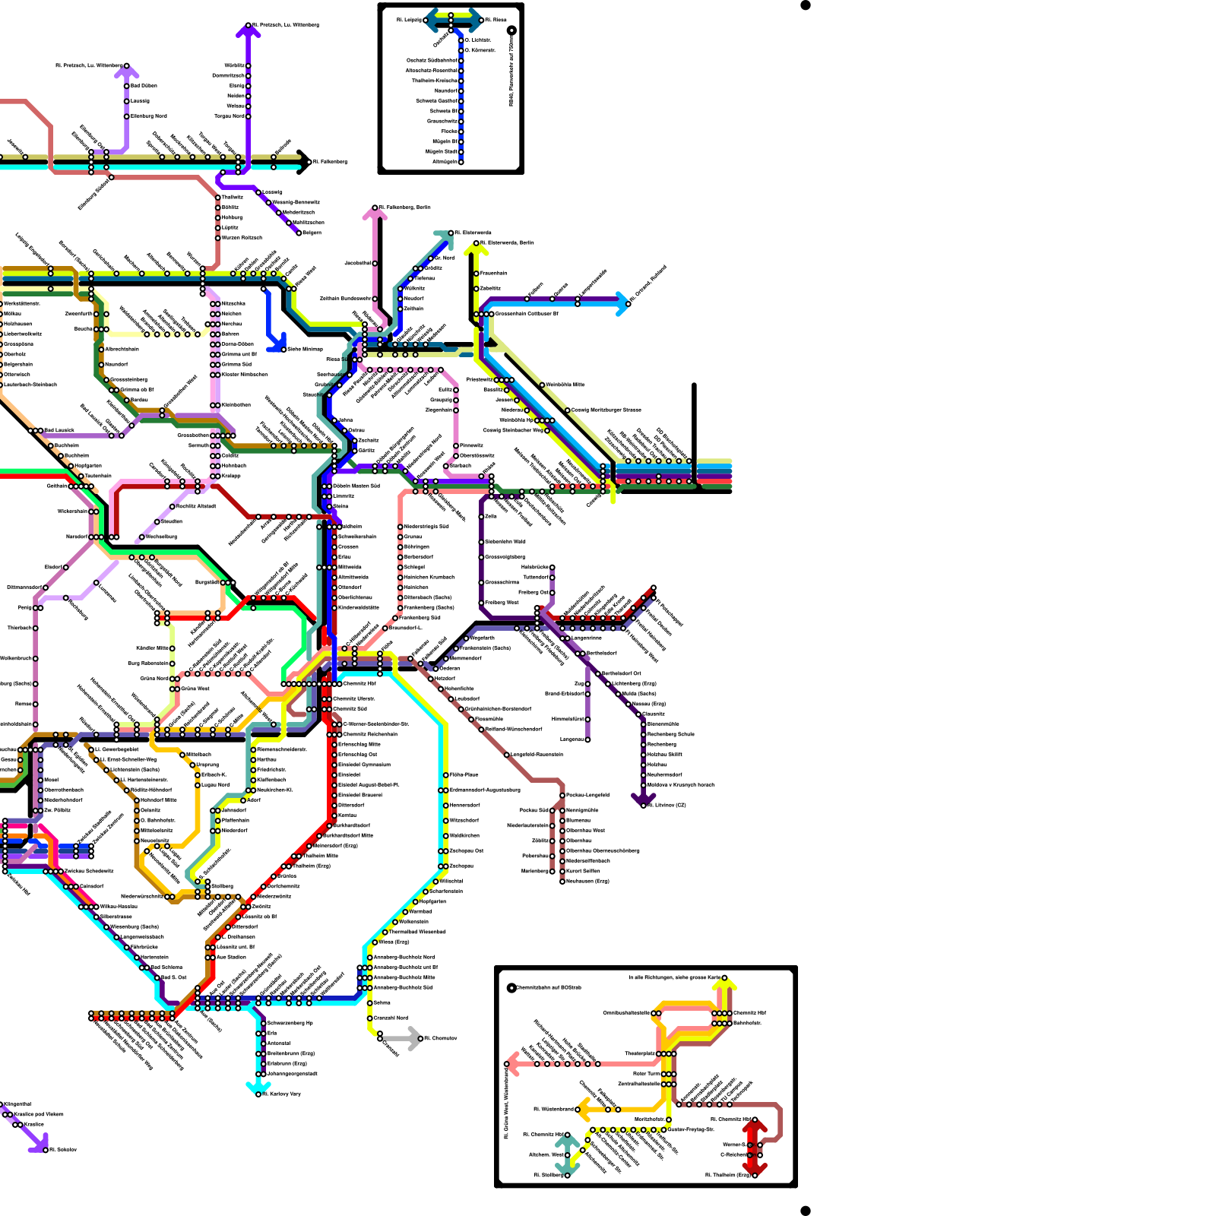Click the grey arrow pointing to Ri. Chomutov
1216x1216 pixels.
click(413, 1038)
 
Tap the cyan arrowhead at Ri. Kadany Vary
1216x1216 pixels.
click(258, 1089)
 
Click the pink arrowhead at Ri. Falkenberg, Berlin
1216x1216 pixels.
click(374, 213)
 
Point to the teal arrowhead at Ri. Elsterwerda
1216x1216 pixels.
click(445, 237)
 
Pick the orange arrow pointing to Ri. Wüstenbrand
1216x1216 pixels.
click(584, 1110)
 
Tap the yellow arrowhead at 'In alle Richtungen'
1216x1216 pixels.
click(724, 986)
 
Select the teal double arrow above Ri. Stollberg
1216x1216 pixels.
click(567, 1155)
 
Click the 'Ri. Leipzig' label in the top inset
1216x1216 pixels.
click(408, 20)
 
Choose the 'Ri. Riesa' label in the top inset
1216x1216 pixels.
click(496, 20)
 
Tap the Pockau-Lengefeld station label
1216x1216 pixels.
click(588, 795)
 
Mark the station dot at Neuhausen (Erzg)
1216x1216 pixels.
click(562, 881)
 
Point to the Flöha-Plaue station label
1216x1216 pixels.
click(464, 774)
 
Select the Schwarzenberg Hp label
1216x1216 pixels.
click(290, 1023)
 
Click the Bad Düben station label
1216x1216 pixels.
click(144, 86)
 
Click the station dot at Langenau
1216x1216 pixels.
click(587, 739)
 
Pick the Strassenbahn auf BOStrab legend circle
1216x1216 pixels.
click(511, 988)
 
